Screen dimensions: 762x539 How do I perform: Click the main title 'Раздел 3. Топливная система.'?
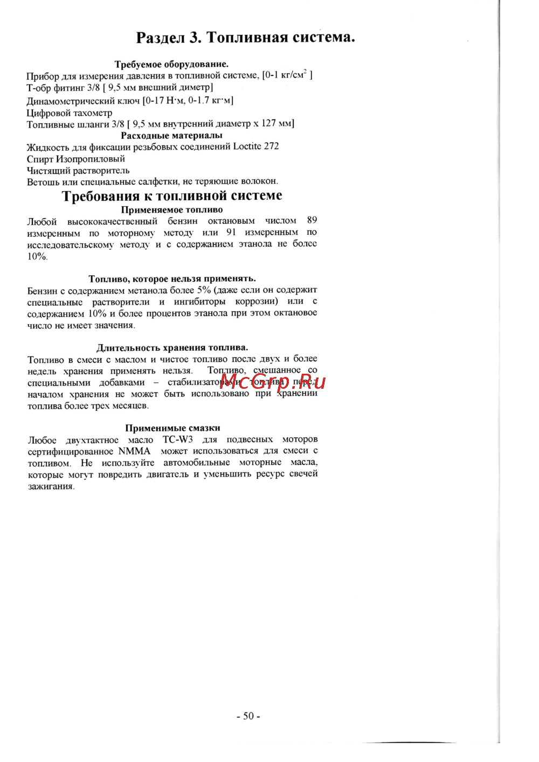point(245,38)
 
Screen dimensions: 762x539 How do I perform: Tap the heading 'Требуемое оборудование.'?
point(171,64)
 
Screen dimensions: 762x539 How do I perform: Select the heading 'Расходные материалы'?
point(171,136)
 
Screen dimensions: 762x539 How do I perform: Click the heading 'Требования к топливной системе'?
point(172,195)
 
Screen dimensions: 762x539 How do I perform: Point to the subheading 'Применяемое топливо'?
point(172,209)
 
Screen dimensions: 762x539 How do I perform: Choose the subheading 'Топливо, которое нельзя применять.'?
point(172,278)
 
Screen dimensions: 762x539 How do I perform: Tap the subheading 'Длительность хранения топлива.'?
point(172,347)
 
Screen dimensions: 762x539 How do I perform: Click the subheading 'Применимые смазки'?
point(172,428)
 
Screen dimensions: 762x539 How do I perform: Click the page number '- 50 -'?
point(248,716)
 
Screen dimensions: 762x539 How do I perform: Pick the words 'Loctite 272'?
point(256,146)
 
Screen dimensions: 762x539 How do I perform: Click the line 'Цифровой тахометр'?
point(70,113)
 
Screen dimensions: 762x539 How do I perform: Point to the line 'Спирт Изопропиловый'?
point(76,159)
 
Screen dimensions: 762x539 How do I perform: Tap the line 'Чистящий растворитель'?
point(78,171)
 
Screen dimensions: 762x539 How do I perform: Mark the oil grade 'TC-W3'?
point(177,439)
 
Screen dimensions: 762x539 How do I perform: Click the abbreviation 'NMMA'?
point(134,451)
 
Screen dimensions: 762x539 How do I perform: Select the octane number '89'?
point(312,220)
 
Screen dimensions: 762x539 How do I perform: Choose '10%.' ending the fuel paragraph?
point(38,256)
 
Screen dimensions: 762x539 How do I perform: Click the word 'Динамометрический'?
point(71,101)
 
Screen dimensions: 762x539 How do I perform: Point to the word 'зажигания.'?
point(51,486)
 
